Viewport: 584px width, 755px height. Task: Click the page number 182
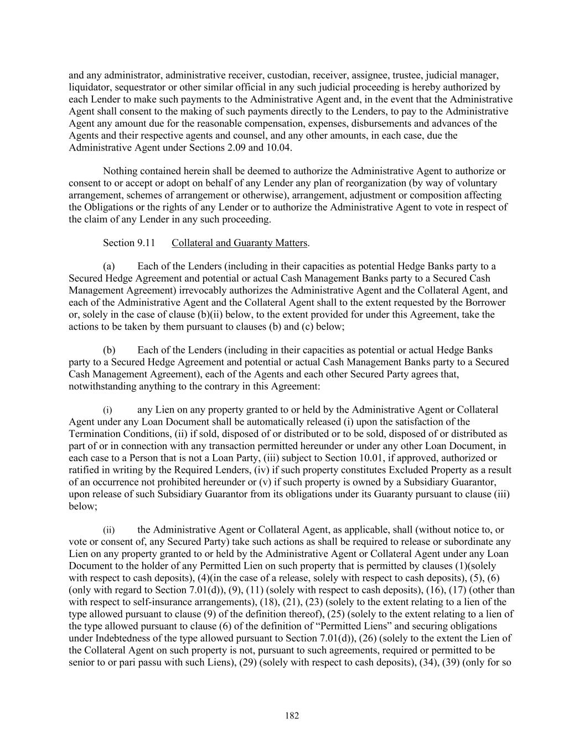(292, 716)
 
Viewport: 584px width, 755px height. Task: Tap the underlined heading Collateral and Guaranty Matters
(239, 243)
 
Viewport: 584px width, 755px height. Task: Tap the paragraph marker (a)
(109, 267)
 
